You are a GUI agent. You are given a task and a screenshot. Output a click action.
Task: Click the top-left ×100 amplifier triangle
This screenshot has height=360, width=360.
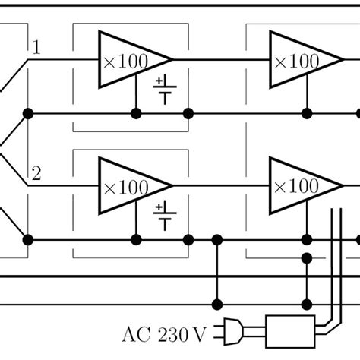click(x=129, y=58)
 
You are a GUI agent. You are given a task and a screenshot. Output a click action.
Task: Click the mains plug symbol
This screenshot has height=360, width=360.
click(x=232, y=331)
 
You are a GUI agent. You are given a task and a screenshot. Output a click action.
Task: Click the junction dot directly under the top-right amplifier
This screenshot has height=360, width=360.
click(x=308, y=114)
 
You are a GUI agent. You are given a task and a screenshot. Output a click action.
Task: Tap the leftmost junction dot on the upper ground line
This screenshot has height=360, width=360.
click(x=28, y=114)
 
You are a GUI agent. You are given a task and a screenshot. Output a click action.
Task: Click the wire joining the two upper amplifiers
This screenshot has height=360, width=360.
click(x=220, y=58)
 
